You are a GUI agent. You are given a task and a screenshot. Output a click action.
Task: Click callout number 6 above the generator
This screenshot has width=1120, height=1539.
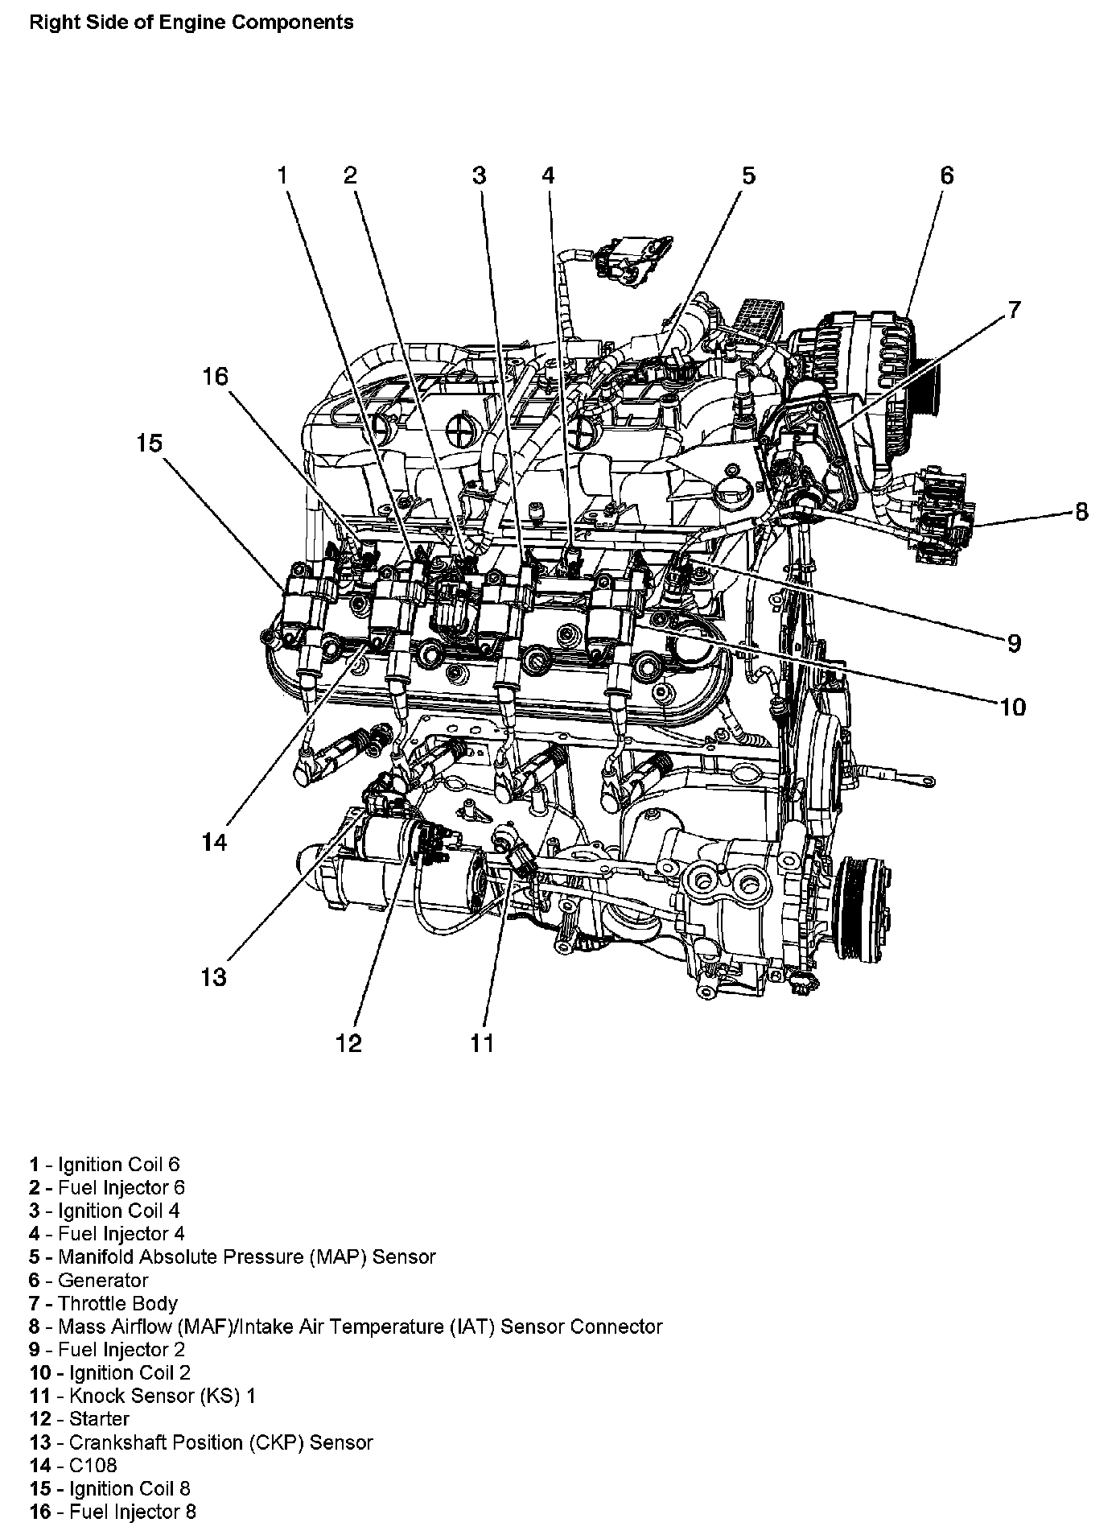(x=946, y=175)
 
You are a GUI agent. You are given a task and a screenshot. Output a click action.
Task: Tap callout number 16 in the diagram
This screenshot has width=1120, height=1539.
(x=215, y=377)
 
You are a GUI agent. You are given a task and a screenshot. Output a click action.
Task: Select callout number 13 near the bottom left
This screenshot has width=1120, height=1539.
(x=214, y=977)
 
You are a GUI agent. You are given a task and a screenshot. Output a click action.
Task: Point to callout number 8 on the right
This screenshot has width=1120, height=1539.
(x=1081, y=512)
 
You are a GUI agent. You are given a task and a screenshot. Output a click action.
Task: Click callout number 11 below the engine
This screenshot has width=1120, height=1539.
(x=481, y=1043)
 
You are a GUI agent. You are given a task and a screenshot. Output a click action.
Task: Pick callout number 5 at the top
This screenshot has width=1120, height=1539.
(x=748, y=175)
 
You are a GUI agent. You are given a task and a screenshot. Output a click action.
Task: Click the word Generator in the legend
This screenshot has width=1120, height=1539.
(x=103, y=1280)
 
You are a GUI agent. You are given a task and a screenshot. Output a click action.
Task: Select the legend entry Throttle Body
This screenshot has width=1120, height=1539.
(x=117, y=1303)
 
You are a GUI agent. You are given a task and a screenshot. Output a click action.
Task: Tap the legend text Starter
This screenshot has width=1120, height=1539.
(x=99, y=1418)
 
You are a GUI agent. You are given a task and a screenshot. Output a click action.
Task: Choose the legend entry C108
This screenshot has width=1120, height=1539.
(x=93, y=1464)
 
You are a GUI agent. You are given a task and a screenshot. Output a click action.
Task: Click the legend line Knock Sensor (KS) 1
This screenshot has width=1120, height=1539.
(x=162, y=1395)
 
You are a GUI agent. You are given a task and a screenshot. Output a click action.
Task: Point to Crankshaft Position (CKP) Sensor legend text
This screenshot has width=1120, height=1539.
(x=220, y=1442)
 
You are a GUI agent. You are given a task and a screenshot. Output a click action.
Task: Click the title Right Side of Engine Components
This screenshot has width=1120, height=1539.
(x=191, y=23)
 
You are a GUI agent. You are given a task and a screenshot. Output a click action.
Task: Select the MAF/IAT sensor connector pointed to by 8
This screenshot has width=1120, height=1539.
(x=941, y=515)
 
